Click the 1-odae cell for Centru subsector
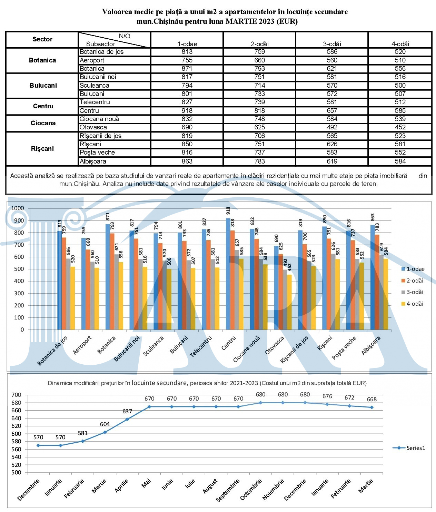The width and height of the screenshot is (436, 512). [x=187, y=110]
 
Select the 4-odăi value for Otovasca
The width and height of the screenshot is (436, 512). [x=400, y=127]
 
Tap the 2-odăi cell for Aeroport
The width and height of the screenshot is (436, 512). [x=259, y=60]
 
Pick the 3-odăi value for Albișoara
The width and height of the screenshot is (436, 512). [x=332, y=161]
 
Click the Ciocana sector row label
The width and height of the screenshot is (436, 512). [x=43, y=123]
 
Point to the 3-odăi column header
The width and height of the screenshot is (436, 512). [x=332, y=44]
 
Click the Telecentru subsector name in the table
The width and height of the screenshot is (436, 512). [x=95, y=102]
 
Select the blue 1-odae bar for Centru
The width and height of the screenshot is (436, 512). [x=228, y=274]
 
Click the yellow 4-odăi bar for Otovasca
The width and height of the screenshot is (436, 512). [x=289, y=302]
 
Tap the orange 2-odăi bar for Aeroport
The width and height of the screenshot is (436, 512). [x=88, y=289]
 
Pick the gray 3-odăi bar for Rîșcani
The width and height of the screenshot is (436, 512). [x=333, y=292]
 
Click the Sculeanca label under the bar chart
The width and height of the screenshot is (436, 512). [x=153, y=346]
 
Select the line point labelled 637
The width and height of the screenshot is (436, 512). [x=127, y=419]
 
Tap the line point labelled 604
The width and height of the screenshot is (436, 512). [x=105, y=432]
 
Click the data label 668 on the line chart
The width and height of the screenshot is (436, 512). [x=371, y=399]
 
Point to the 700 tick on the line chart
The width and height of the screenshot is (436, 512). [x=16, y=395]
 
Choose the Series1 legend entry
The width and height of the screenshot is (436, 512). [x=409, y=448]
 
